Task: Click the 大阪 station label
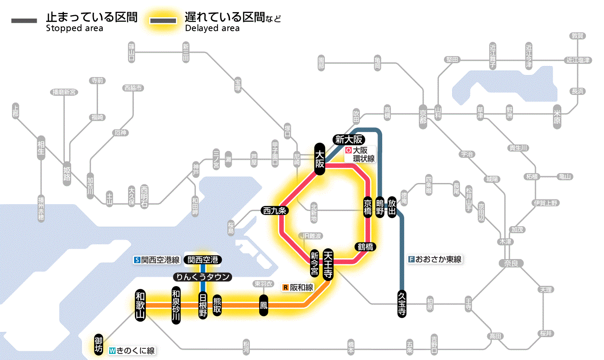[x=319, y=159]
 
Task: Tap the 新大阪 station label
[x=349, y=139]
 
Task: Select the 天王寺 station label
[x=328, y=264]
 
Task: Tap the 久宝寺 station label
[x=402, y=304]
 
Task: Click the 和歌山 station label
[x=140, y=305]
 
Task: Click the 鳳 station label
[x=263, y=305]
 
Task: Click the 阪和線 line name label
[x=299, y=287]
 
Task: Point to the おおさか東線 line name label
[x=435, y=259]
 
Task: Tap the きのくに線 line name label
[x=132, y=351]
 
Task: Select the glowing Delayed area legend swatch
[x=163, y=20]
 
